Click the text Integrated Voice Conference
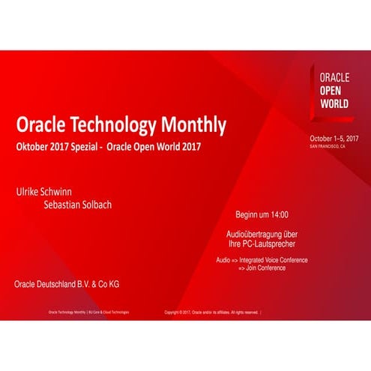(x=283, y=259)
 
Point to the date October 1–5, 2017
(x=334, y=139)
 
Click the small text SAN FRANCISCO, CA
(x=328, y=147)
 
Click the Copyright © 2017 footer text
(x=213, y=312)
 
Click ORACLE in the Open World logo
(x=334, y=77)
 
